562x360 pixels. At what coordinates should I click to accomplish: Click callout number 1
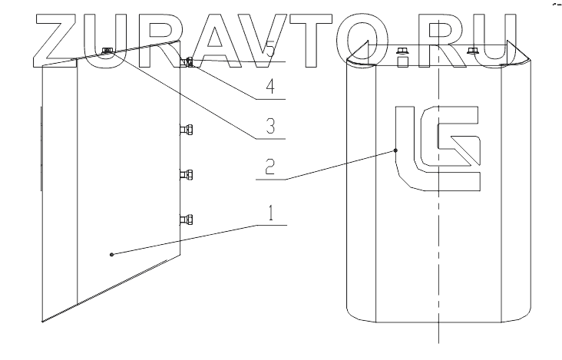(270, 214)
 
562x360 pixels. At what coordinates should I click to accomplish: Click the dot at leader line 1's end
(112, 254)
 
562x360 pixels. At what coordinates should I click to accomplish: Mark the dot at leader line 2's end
(395, 150)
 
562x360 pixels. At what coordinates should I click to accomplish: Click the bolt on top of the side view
(107, 51)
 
